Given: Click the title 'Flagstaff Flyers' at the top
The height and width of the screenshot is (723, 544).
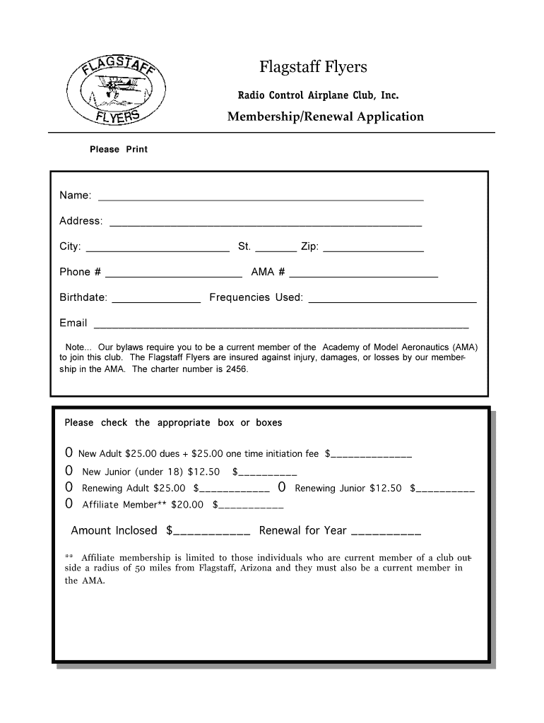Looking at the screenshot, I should tap(313, 67).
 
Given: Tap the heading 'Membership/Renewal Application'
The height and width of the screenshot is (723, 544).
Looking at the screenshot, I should tap(325, 116).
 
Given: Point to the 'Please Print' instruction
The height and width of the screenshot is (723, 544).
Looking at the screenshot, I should tap(118, 150).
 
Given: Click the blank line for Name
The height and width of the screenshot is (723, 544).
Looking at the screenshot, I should tap(260, 198).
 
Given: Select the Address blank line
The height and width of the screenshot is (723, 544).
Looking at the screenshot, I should tap(266, 223).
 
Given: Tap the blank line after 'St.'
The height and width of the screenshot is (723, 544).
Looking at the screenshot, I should tap(275, 249).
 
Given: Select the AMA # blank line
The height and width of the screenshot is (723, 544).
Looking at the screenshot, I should tap(363, 274).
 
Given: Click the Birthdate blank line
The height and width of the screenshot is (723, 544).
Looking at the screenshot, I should tap(157, 299).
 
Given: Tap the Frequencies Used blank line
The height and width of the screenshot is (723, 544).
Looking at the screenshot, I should tap(392, 299).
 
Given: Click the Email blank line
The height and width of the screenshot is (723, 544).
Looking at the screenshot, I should tap(281, 325).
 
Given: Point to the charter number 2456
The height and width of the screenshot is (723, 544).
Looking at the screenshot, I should tap(237, 369).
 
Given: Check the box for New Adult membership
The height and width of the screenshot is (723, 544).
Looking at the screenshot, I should tap(69, 453).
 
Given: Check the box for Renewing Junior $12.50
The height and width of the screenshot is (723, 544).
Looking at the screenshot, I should tap(282, 488).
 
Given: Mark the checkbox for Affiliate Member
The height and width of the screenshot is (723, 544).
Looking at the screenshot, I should tap(69, 504).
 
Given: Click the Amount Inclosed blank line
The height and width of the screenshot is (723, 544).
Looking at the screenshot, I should tap(211, 532).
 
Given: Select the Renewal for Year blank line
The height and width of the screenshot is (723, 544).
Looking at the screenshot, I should tap(386, 532).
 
